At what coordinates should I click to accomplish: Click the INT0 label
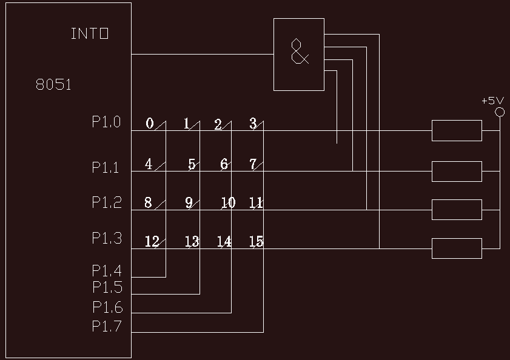[90, 34]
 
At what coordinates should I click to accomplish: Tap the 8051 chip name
[53, 85]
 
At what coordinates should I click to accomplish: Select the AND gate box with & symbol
[299, 54]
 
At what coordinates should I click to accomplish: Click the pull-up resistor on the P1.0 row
[457, 130]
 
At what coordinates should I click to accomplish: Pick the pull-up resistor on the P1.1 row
[457, 171]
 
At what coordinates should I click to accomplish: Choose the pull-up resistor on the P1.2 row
[457, 210]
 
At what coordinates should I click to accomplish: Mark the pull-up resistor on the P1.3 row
[457, 248]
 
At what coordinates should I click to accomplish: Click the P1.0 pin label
[107, 122]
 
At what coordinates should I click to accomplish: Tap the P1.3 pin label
[107, 239]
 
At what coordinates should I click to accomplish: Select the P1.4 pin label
[107, 270]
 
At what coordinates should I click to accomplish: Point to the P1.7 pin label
[107, 326]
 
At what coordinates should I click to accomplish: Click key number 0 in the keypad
[150, 124]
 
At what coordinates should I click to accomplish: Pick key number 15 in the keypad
[256, 242]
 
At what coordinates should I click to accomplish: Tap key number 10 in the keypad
[228, 203]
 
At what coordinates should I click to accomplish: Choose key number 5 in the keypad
[192, 164]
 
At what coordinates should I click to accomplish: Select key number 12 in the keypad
[152, 242]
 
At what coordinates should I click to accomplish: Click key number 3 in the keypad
[253, 124]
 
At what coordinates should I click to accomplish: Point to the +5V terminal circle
[500, 112]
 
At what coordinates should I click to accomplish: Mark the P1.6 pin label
[107, 307]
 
